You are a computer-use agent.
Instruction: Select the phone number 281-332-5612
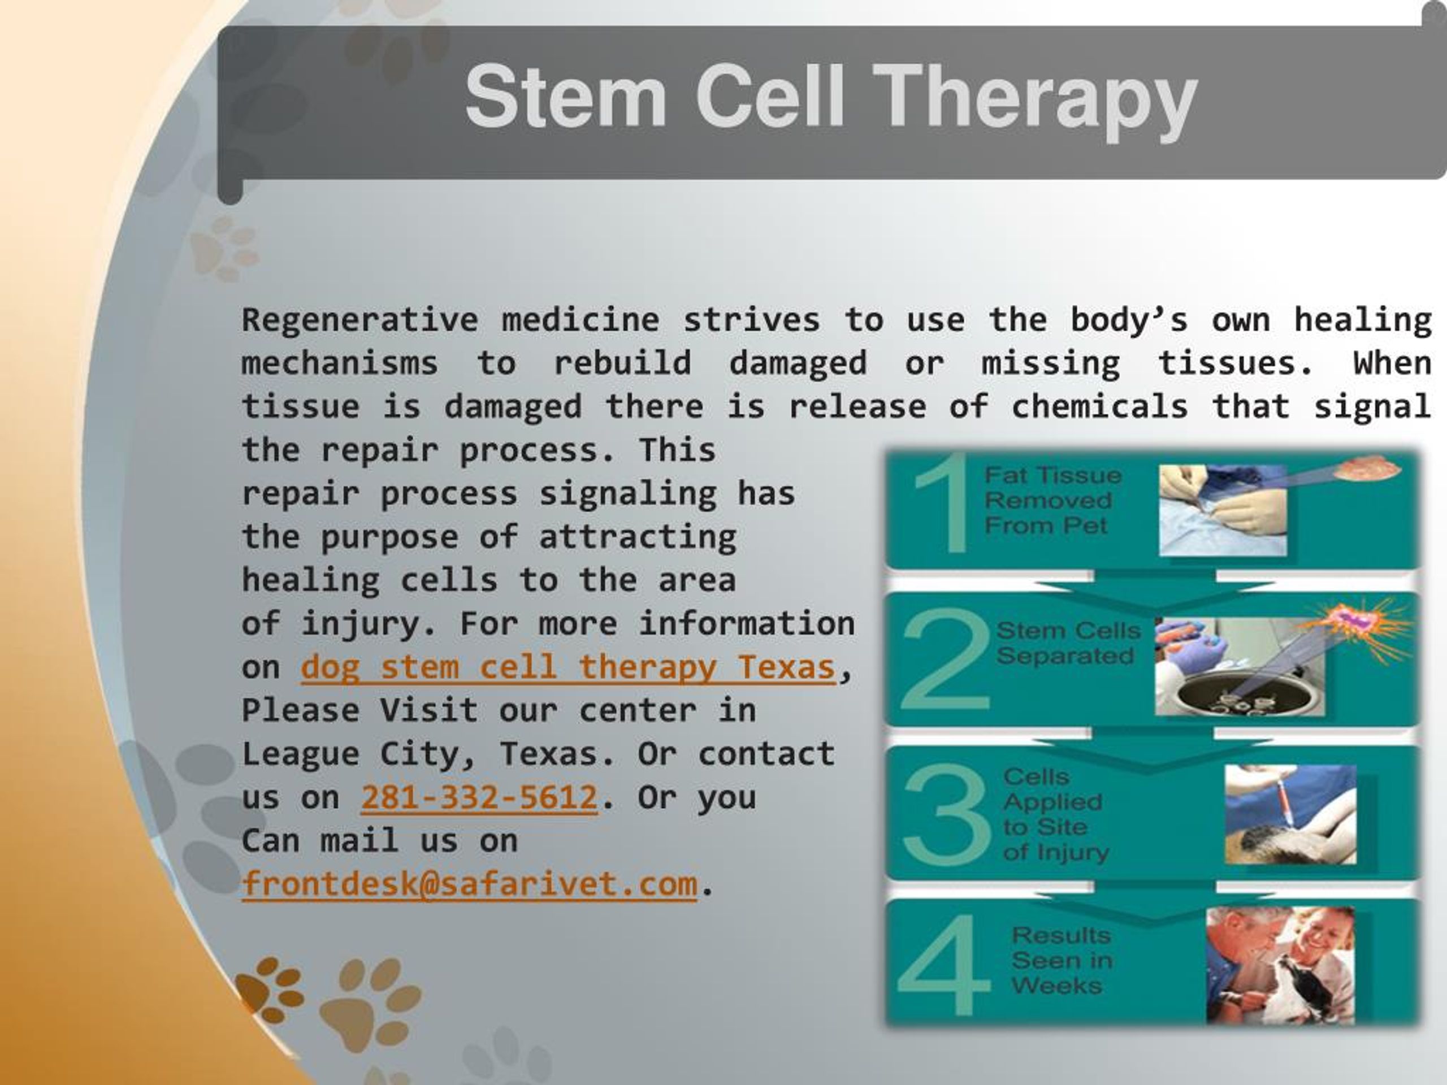pyautogui.click(x=479, y=798)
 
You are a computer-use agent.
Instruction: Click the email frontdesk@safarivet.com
pyautogui.click(x=469, y=884)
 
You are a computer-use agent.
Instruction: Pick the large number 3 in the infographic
pyautogui.click(x=947, y=814)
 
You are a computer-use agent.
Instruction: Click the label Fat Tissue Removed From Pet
pyautogui.click(x=1052, y=500)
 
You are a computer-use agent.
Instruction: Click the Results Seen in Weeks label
pyautogui.click(x=1060, y=960)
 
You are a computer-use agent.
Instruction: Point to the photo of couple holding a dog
pyautogui.click(x=1280, y=965)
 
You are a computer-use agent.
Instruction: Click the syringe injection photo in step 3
pyautogui.click(x=1289, y=814)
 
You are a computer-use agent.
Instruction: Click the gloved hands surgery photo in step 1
pyautogui.click(x=1222, y=510)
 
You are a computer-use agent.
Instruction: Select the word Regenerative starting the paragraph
pyautogui.click(x=360, y=320)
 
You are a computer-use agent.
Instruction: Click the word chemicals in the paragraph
pyautogui.click(x=1099, y=407)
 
